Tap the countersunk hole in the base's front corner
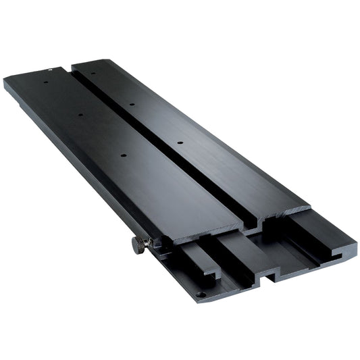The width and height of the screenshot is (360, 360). coord(200,294)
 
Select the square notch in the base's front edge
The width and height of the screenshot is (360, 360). coord(269,276)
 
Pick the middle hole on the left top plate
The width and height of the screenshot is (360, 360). coord(80,115)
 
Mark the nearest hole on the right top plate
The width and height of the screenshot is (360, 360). coord(180,143)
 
